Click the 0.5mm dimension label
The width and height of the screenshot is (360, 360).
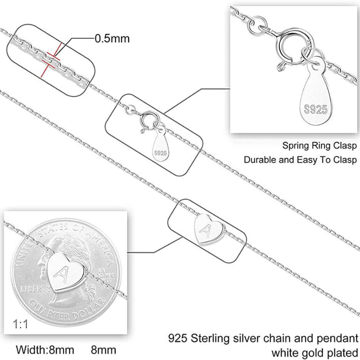[x=112, y=38]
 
